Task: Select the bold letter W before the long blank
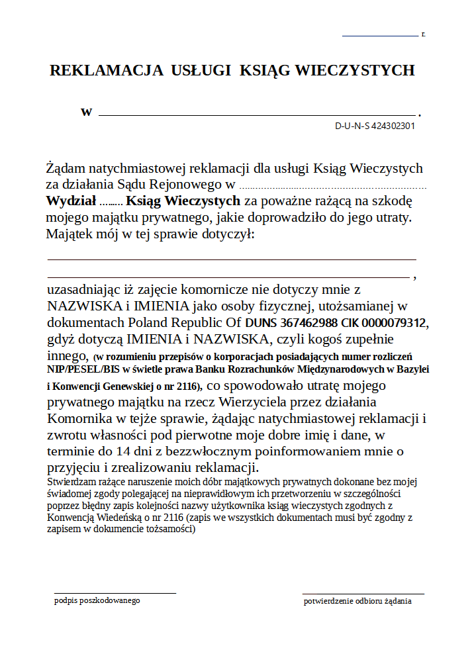(x=87, y=112)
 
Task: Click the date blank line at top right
(x=380, y=35)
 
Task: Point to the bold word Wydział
(x=71, y=201)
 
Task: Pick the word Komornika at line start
(x=78, y=418)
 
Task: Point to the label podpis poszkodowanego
(x=97, y=600)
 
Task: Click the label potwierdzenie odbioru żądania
(x=357, y=601)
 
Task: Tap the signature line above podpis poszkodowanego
(x=115, y=594)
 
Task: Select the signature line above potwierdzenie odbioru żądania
(x=363, y=594)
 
